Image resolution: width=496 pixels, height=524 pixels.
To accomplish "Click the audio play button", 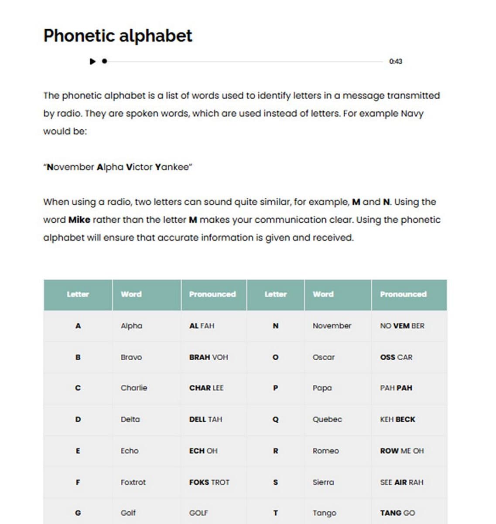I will click(92, 62).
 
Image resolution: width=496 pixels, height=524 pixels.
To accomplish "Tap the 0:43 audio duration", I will click(396, 62).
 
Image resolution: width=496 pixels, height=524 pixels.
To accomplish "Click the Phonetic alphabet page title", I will click(118, 36).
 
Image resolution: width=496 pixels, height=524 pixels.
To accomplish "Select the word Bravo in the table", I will click(131, 357).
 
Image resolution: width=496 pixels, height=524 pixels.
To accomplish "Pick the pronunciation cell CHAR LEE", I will click(206, 388).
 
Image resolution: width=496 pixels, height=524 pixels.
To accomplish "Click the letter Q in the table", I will click(275, 419).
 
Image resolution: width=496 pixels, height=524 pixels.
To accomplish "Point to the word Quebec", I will click(327, 419).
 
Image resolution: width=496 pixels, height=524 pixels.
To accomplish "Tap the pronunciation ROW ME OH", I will click(402, 451).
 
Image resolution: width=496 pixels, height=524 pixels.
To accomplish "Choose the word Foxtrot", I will click(133, 482).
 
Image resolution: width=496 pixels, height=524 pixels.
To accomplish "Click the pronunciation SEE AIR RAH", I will click(402, 482).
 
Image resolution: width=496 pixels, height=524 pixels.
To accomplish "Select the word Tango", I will click(325, 513).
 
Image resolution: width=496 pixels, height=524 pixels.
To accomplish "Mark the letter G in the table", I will click(78, 513).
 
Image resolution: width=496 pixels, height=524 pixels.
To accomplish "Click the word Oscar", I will click(324, 357).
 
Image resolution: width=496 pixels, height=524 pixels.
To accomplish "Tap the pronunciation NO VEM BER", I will click(402, 326).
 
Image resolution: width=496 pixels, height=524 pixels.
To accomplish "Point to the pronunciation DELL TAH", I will click(205, 419).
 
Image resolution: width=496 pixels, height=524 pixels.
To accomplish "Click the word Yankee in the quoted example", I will click(173, 167).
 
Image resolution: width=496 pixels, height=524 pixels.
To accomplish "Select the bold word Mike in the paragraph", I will click(79, 220).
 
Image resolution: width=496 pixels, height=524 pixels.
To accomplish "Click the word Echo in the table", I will click(130, 451).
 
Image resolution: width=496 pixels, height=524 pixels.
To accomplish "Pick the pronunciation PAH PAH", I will click(396, 388).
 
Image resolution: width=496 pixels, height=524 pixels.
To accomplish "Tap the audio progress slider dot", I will click(104, 62).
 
